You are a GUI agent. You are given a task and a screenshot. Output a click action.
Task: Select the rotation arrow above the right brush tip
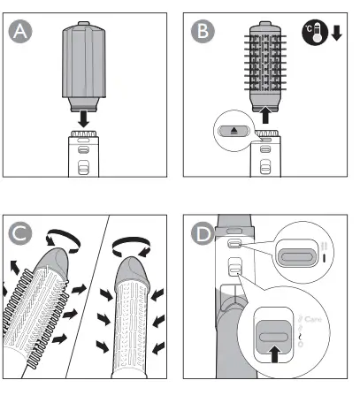coord(134,239)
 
